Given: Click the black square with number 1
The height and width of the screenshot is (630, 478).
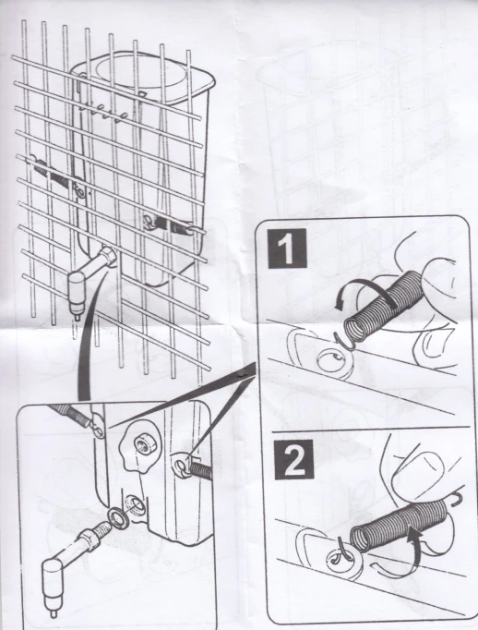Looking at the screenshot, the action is [287, 248].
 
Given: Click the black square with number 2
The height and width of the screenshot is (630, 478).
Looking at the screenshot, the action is [293, 459].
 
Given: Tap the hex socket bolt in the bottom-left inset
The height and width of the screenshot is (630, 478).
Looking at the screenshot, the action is [144, 444].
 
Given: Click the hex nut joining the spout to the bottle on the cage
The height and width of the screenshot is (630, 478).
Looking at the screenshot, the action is [108, 256].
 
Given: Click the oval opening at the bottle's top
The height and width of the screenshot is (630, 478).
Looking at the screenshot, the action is [143, 78].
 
